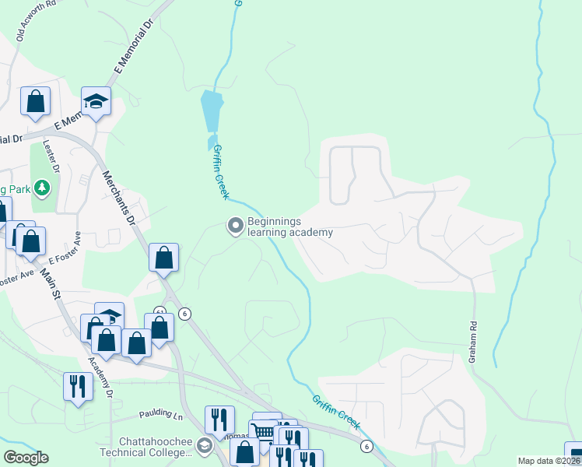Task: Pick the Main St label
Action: [54, 283]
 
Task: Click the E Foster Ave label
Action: [65, 248]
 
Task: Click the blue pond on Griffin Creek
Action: [211, 111]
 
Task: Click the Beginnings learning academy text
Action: [289, 226]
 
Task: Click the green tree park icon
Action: [42, 188]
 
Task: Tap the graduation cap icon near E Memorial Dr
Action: [96, 101]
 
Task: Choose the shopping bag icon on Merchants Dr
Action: [164, 257]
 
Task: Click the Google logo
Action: [26, 458]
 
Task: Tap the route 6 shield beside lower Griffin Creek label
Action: [365, 446]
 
